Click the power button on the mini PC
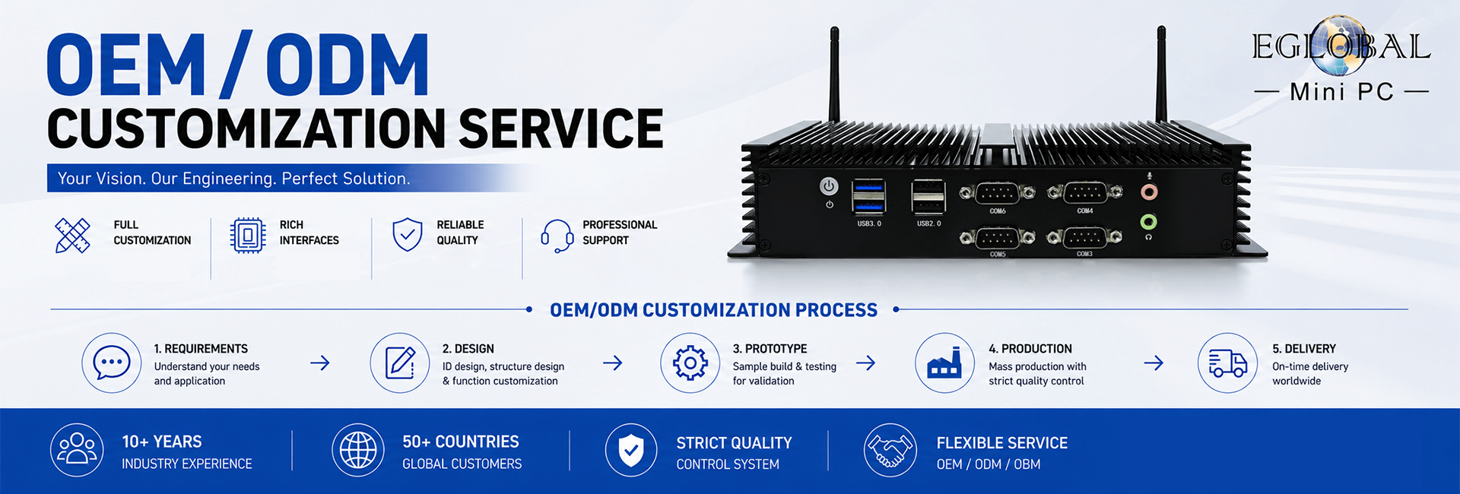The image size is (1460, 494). pyautogui.click(x=829, y=185)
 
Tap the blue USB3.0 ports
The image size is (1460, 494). pyautogui.click(x=868, y=196)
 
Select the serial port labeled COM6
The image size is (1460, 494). pyautogui.click(x=997, y=193)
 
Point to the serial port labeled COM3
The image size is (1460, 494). pyautogui.click(x=1084, y=237)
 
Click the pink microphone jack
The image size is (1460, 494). pyautogui.click(x=1149, y=192)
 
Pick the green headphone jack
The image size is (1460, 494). pyautogui.click(x=1149, y=222)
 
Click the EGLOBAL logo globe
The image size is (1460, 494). pyautogui.click(x=1341, y=46)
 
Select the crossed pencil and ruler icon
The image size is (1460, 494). pyautogui.click(x=73, y=236)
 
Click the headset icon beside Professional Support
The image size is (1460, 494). pyautogui.click(x=557, y=236)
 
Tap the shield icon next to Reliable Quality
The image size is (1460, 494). pyautogui.click(x=408, y=235)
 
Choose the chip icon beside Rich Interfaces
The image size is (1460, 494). pyautogui.click(x=247, y=236)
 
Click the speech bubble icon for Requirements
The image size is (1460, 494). pyautogui.click(x=112, y=363)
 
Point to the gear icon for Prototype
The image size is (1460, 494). pyautogui.click(x=690, y=363)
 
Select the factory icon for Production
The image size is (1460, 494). pyautogui.click(x=944, y=363)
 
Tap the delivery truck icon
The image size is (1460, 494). pyautogui.click(x=1227, y=363)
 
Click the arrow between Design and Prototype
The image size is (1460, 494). pyautogui.click(x=613, y=363)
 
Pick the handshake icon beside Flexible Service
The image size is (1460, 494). pyautogui.click(x=890, y=450)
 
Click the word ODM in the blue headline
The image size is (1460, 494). pyautogui.click(x=348, y=65)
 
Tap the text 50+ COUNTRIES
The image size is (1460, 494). pyautogui.click(x=461, y=442)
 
